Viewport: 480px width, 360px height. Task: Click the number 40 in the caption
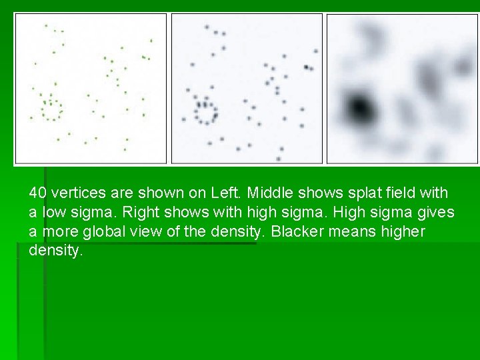point(37,193)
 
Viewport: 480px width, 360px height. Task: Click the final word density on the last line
point(55,251)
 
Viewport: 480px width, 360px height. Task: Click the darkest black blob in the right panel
point(359,107)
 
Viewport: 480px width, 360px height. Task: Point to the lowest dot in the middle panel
point(279,159)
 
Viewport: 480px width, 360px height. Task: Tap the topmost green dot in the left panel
point(46,25)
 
